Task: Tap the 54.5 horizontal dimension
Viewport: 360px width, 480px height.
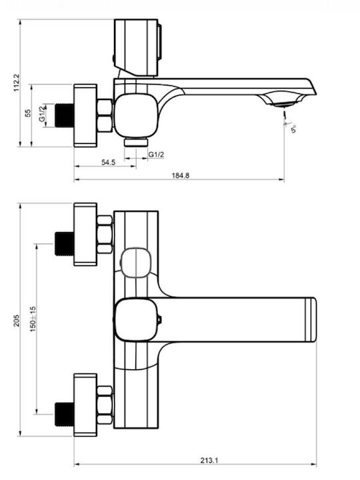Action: click(x=109, y=162)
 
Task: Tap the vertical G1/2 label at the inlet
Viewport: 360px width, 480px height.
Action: click(x=42, y=115)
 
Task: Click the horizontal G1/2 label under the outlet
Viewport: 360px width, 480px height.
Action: click(x=157, y=155)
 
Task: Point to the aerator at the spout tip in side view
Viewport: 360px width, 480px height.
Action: click(x=285, y=103)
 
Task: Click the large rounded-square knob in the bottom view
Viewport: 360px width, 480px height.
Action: click(x=137, y=319)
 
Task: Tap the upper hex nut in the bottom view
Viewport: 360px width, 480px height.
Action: click(x=105, y=234)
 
